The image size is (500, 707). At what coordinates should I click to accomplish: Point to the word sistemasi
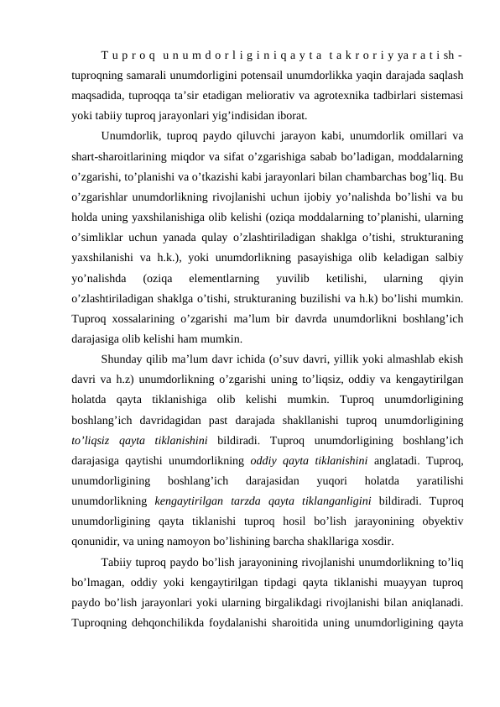click(445, 95)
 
